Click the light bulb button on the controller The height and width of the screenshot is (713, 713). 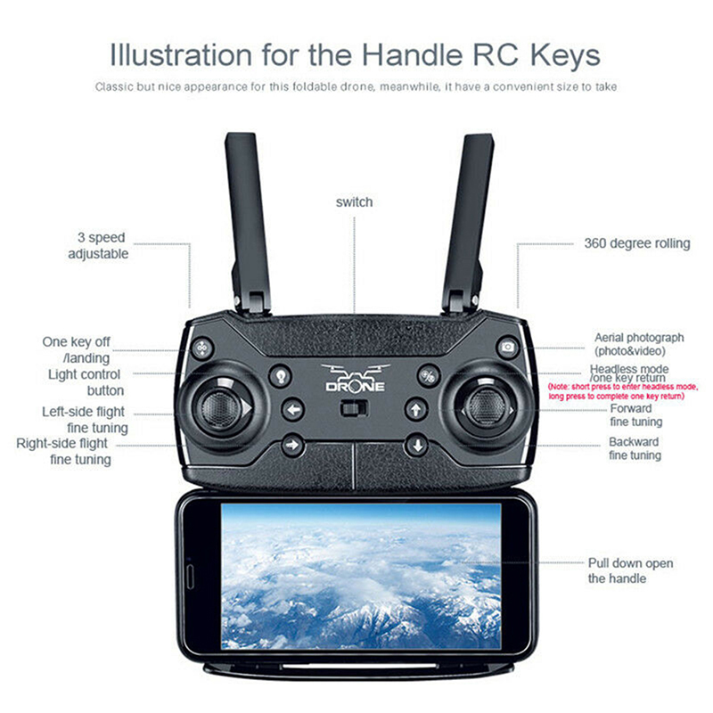(281, 376)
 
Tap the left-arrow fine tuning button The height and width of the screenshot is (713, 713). (293, 410)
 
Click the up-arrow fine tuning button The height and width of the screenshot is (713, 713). (416, 410)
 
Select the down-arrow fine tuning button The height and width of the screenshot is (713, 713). (417, 446)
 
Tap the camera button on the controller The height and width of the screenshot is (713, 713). (508, 347)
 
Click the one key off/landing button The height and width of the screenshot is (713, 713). (202, 348)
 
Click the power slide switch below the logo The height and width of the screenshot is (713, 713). (354, 409)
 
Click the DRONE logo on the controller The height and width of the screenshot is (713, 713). (355, 378)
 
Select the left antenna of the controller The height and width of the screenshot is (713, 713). (248, 223)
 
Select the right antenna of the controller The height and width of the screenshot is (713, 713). (468, 224)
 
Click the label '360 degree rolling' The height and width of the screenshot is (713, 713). (637, 243)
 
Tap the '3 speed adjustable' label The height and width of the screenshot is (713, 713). (98, 246)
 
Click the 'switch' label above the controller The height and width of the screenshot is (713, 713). (354, 202)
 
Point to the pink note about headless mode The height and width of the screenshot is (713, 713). (623, 391)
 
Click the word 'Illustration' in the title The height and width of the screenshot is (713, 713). (181, 55)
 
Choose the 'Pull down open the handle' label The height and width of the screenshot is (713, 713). (631, 570)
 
